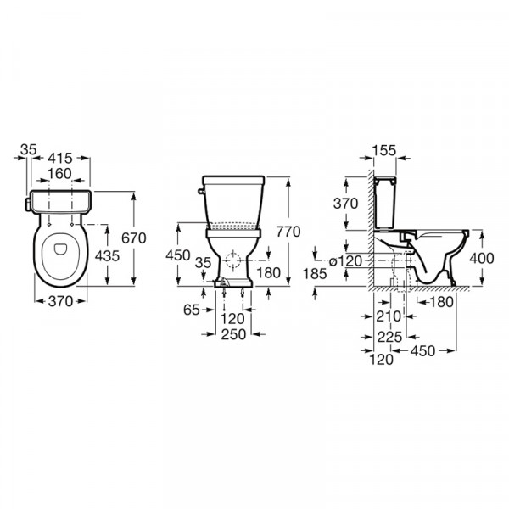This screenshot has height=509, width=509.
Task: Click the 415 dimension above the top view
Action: (x=60, y=159)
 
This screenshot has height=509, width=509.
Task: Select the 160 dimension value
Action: (x=59, y=174)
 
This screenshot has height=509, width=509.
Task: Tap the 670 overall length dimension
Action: (x=134, y=238)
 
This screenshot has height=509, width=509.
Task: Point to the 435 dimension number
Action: (x=107, y=256)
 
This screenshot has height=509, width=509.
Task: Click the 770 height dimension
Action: (x=288, y=232)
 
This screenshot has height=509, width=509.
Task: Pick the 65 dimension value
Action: (x=191, y=310)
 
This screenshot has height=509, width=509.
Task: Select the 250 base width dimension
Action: (x=234, y=334)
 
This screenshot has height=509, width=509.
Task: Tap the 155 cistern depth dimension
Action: (x=384, y=150)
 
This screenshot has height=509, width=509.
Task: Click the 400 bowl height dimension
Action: (x=482, y=259)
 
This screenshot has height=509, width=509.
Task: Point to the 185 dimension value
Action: (x=315, y=274)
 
